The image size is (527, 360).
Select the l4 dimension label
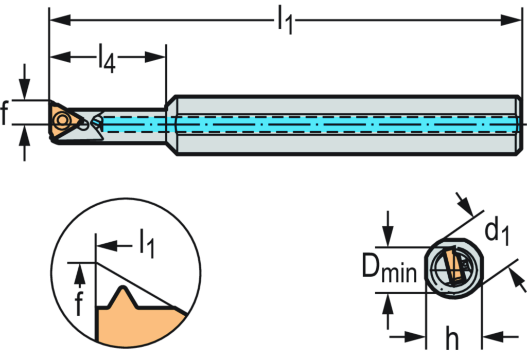pyautogui.click(x=107, y=57)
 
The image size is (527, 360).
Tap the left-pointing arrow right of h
pyautogui.click(x=495, y=337)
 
